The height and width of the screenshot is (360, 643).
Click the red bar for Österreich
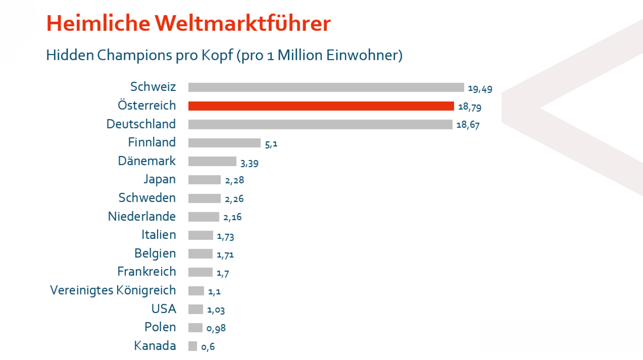pyautogui.click(x=321, y=106)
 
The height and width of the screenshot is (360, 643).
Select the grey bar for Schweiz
pyautogui.click(x=326, y=87)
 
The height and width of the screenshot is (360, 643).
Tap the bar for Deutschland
pyautogui.click(x=320, y=124)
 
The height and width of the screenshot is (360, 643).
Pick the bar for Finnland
pyautogui.click(x=224, y=143)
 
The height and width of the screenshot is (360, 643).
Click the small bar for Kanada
pyautogui.click(x=193, y=346)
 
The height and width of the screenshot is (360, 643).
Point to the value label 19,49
pyautogui.click(x=480, y=89)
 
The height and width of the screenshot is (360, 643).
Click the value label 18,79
pyautogui.click(x=470, y=108)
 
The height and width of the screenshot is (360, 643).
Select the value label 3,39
pyautogui.click(x=249, y=163)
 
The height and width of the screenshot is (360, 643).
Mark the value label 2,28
pyautogui.click(x=234, y=181)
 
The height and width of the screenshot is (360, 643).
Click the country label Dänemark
pyautogui.click(x=147, y=161)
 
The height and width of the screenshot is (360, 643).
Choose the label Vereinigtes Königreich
pyautogui.click(x=113, y=290)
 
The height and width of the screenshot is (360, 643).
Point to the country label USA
pyautogui.click(x=163, y=309)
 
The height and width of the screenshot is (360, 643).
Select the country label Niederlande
pyautogui.click(x=142, y=217)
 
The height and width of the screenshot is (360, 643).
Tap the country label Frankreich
pyautogui.click(x=146, y=271)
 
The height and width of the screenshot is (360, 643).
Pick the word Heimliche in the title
pyautogui.click(x=97, y=24)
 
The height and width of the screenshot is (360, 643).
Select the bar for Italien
pyautogui.click(x=201, y=235)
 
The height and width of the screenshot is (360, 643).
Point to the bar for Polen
pyautogui.click(x=195, y=327)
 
